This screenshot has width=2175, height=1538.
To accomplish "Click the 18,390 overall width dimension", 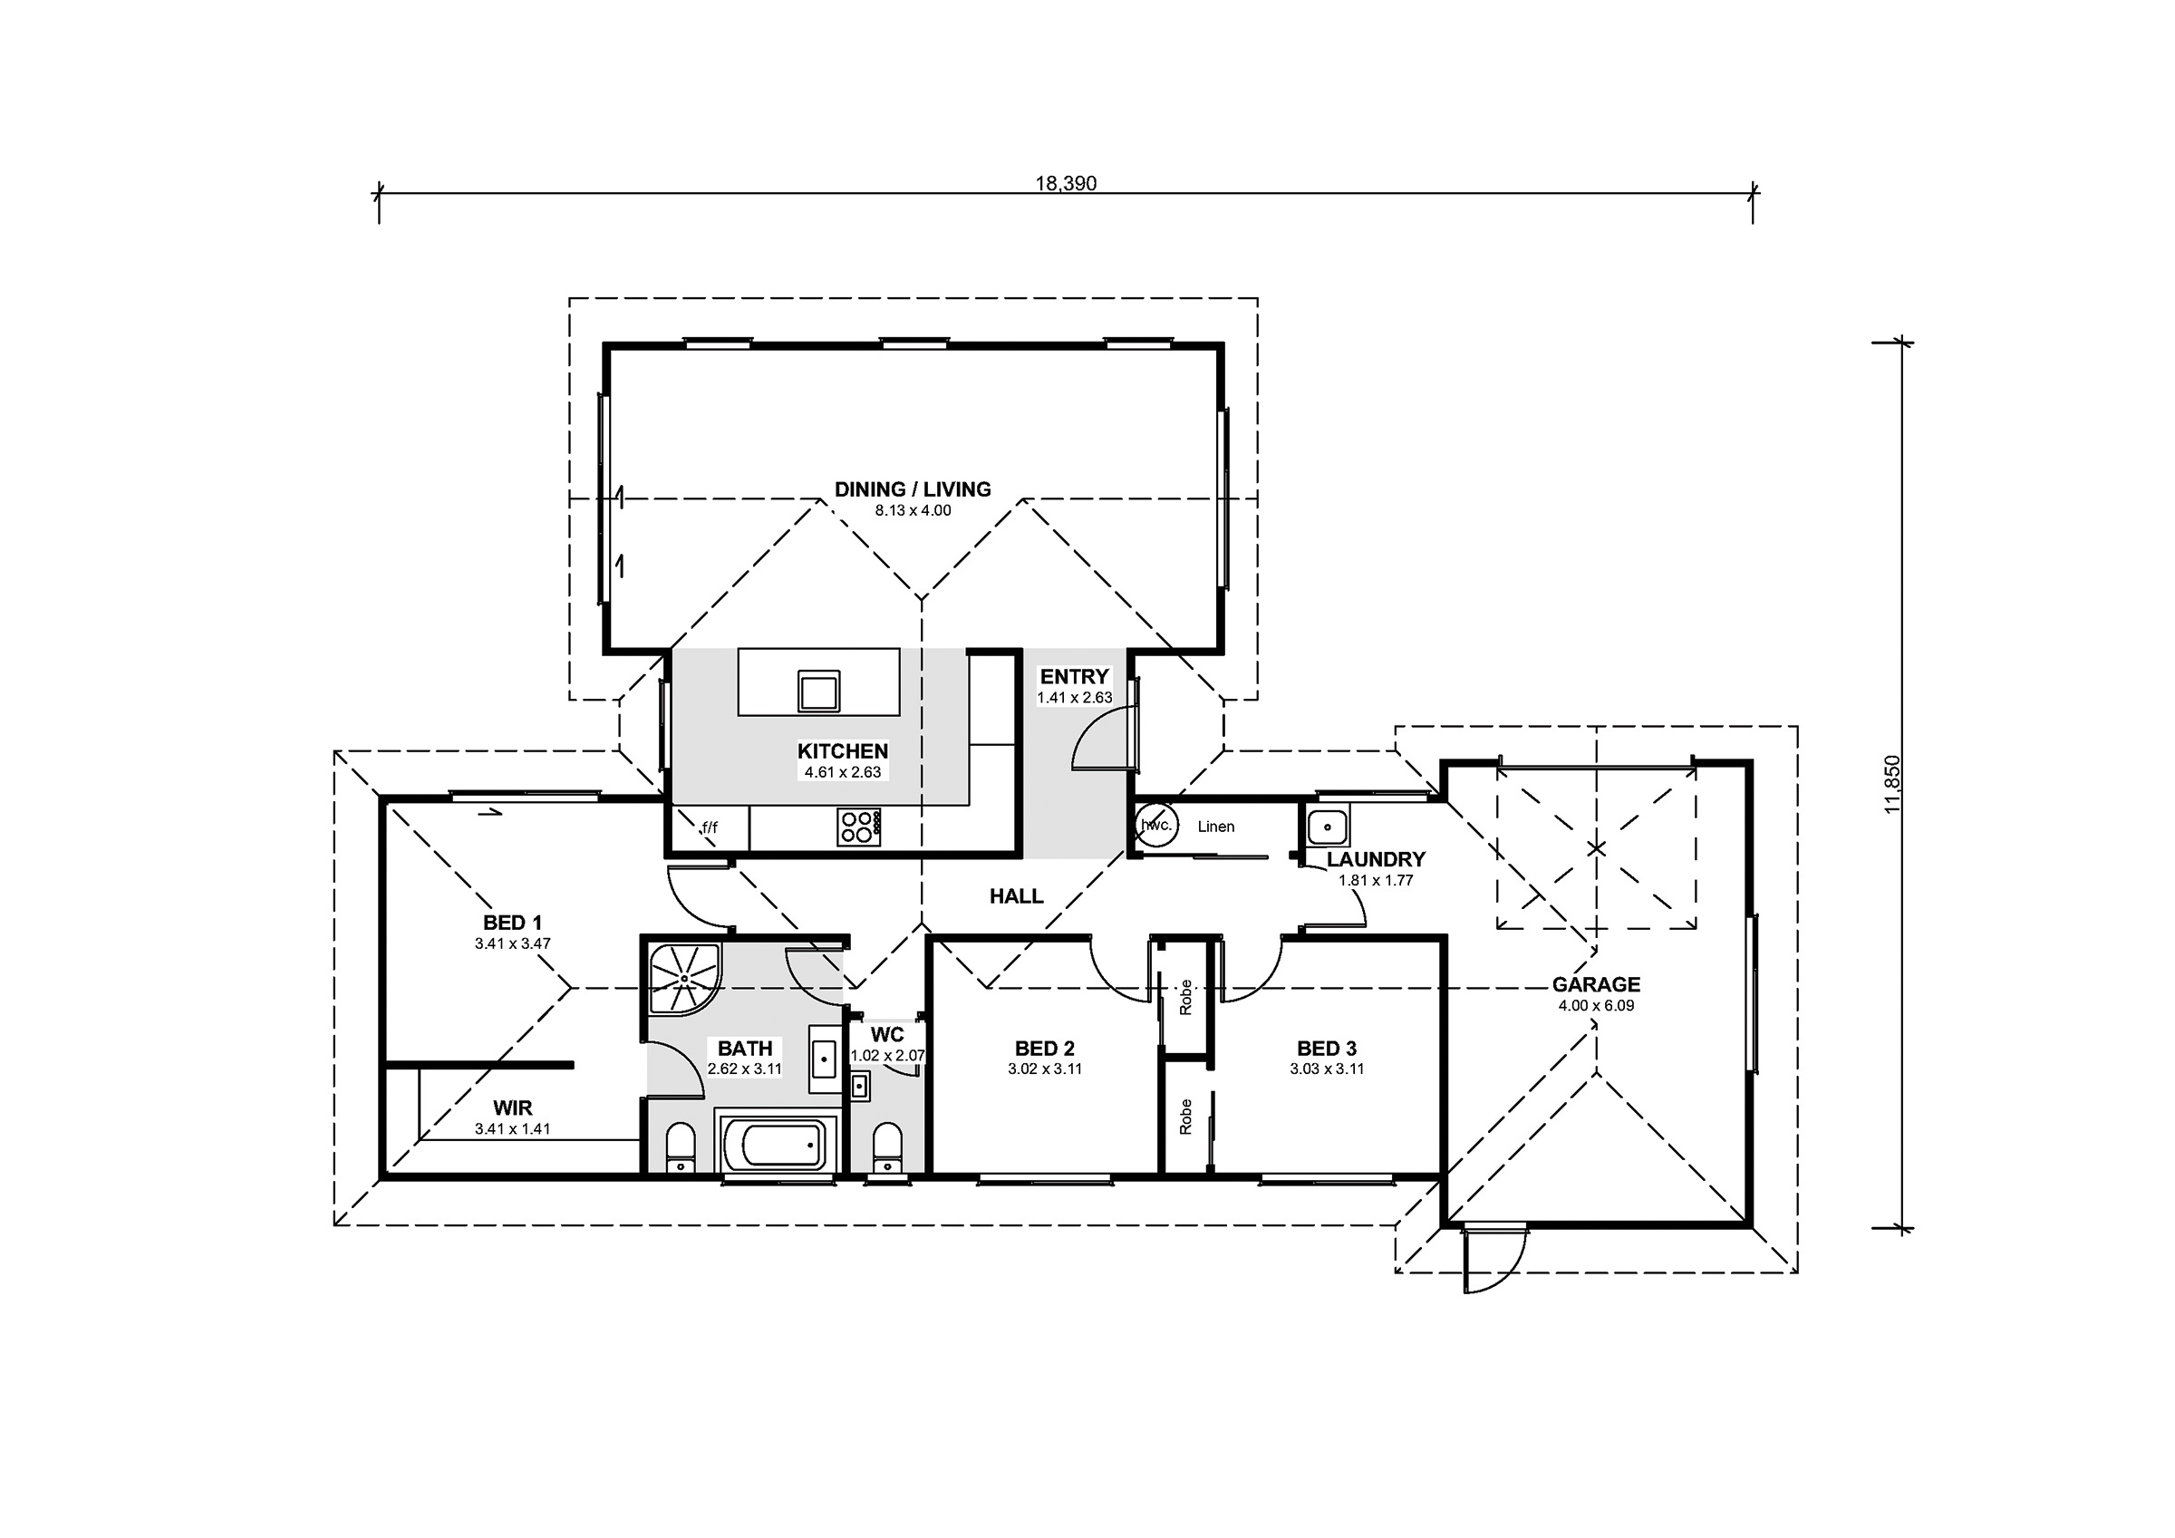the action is click(x=1066, y=184).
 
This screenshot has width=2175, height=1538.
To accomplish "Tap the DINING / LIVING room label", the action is click(x=913, y=489).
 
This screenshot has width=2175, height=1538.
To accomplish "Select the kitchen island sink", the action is click(x=818, y=691).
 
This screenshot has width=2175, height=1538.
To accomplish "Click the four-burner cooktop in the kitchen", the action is click(x=859, y=827).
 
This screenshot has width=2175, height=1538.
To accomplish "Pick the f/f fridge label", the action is click(x=710, y=827).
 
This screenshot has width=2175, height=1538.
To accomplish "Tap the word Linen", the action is click(x=1215, y=827).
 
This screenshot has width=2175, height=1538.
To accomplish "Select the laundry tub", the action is click(x=1327, y=827).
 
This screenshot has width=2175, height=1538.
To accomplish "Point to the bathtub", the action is click(x=779, y=1144).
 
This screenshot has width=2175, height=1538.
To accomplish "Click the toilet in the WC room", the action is click(x=886, y=1147).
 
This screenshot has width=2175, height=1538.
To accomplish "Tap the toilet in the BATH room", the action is click(x=681, y=1147).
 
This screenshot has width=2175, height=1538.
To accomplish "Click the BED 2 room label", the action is click(x=1044, y=1048).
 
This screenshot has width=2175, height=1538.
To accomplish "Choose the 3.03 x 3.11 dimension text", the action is click(x=1326, y=1069).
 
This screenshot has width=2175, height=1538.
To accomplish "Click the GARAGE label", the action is click(x=1596, y=984).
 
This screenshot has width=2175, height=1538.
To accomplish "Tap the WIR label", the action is click(x=513, y=1108).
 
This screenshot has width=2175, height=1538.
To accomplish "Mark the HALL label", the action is click(x=1017, y=895).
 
